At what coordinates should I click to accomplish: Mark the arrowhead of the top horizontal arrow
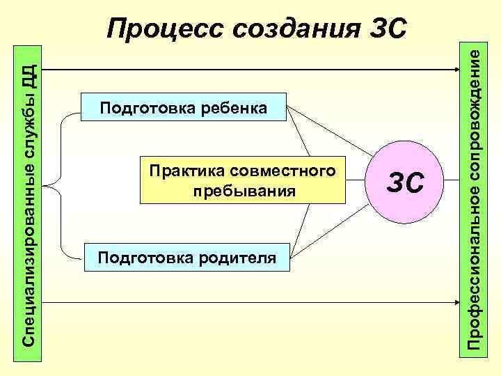pyautogui.click(x=454, y=70)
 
